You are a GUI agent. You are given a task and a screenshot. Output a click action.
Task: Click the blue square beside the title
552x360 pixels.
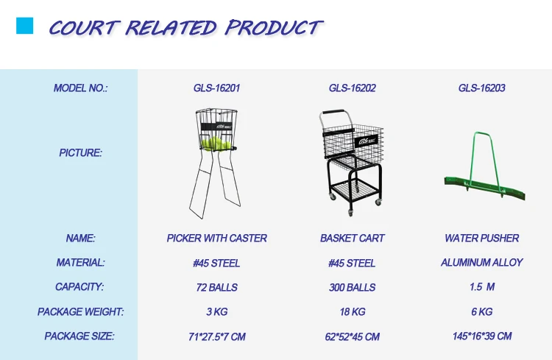24,26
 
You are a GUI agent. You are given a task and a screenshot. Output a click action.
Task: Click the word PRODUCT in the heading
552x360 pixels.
274,27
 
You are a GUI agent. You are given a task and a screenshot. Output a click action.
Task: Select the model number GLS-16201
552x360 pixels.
216,88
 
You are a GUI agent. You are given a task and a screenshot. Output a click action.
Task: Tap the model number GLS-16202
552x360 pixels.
352,88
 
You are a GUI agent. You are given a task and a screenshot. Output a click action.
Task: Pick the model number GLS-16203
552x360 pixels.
481,88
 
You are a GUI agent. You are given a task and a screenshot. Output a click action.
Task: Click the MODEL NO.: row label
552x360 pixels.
81,88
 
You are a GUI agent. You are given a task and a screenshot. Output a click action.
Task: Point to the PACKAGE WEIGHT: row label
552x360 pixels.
81,311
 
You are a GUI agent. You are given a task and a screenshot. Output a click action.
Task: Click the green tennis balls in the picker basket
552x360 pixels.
216,144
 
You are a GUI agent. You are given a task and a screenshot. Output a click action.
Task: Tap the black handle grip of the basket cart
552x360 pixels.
333,112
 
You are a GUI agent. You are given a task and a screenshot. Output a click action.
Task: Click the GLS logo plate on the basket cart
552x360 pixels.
367,141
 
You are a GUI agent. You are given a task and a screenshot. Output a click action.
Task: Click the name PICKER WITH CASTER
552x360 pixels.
216,239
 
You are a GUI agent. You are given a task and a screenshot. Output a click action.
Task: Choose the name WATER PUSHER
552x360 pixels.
481,239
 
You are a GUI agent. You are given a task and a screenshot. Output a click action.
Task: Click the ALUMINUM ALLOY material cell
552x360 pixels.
481,262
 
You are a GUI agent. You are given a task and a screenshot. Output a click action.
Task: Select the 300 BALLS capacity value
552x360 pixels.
352,287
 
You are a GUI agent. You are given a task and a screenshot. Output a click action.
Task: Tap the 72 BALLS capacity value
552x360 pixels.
216,287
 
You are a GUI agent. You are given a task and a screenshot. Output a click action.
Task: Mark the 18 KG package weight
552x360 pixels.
352,311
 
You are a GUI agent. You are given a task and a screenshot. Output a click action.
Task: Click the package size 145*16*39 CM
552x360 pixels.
481,336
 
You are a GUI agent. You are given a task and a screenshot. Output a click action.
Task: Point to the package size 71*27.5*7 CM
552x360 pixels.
216,336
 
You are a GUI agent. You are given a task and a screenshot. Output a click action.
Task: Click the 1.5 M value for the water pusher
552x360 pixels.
481,286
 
